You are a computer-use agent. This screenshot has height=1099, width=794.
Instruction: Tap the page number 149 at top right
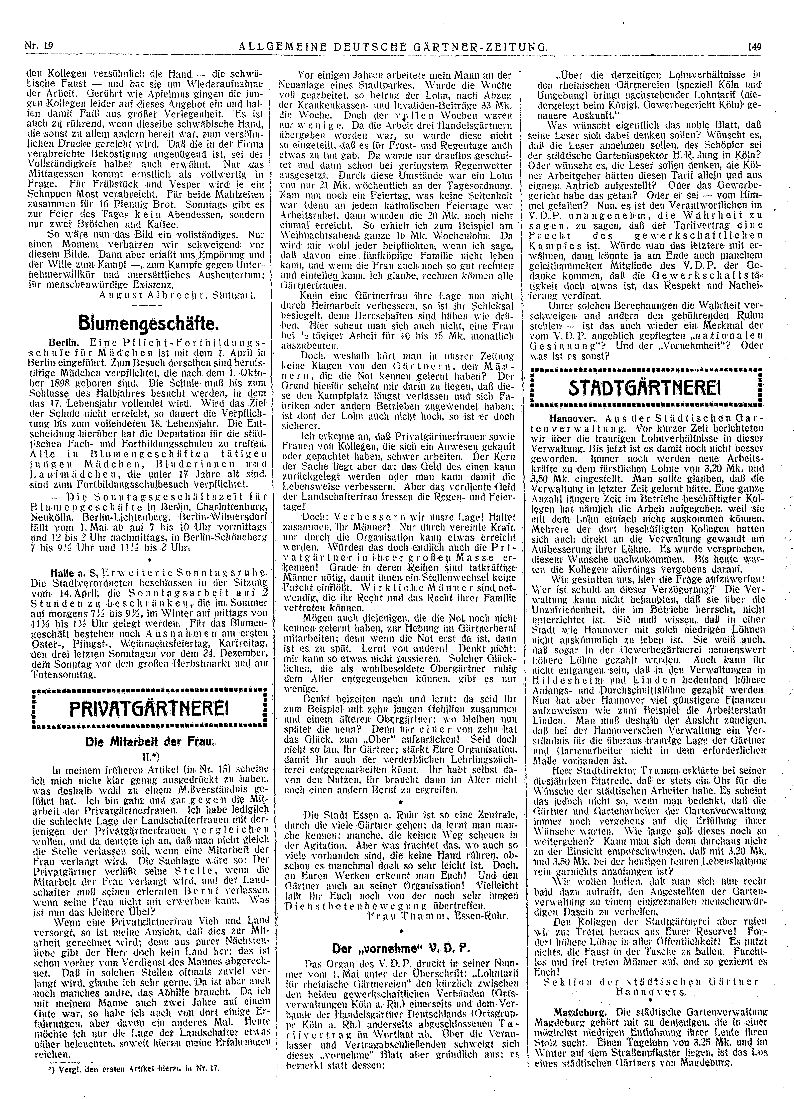(754, 47)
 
